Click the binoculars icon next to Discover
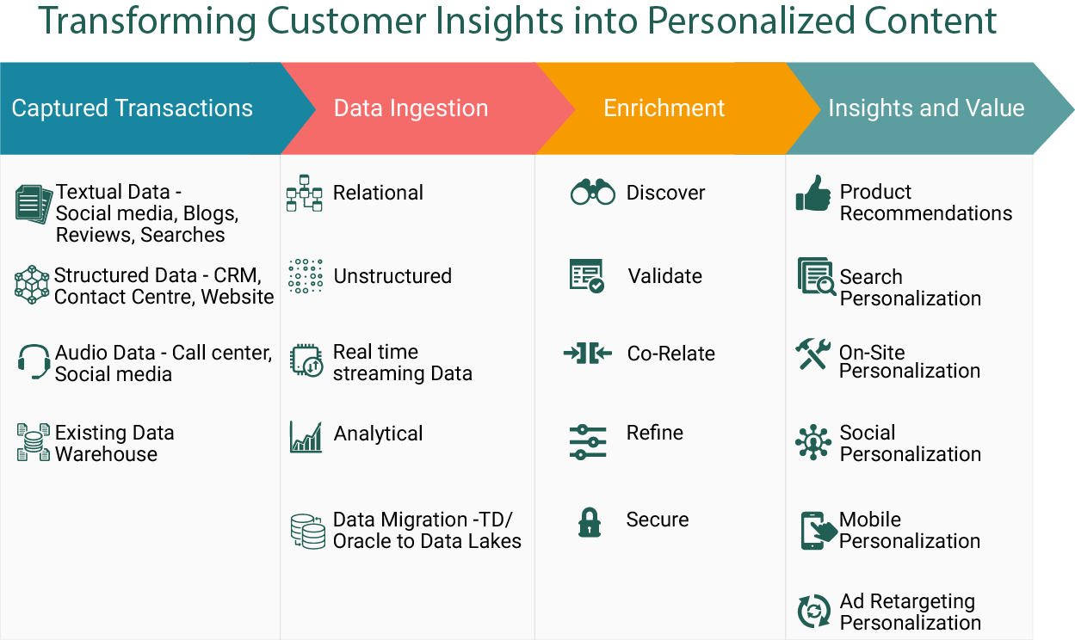click(593, 192)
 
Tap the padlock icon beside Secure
click(590, 522)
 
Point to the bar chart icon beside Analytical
click(306, 437)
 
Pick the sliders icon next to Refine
click(588, 442)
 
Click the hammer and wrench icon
click(812, 354)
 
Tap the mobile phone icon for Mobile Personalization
click(819, 530)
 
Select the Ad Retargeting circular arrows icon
click(814, 611)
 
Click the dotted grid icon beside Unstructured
click(306, 276)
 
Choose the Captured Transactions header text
click(132, 108)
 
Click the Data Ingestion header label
click(411, 108)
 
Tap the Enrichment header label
click(664, 108)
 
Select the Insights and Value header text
click(926, 108)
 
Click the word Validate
click(665, 276)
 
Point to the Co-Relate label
click(671, 354)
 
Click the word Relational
click(378, 193)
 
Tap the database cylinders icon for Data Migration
click(307, 532)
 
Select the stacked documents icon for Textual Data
click(34, 204)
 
